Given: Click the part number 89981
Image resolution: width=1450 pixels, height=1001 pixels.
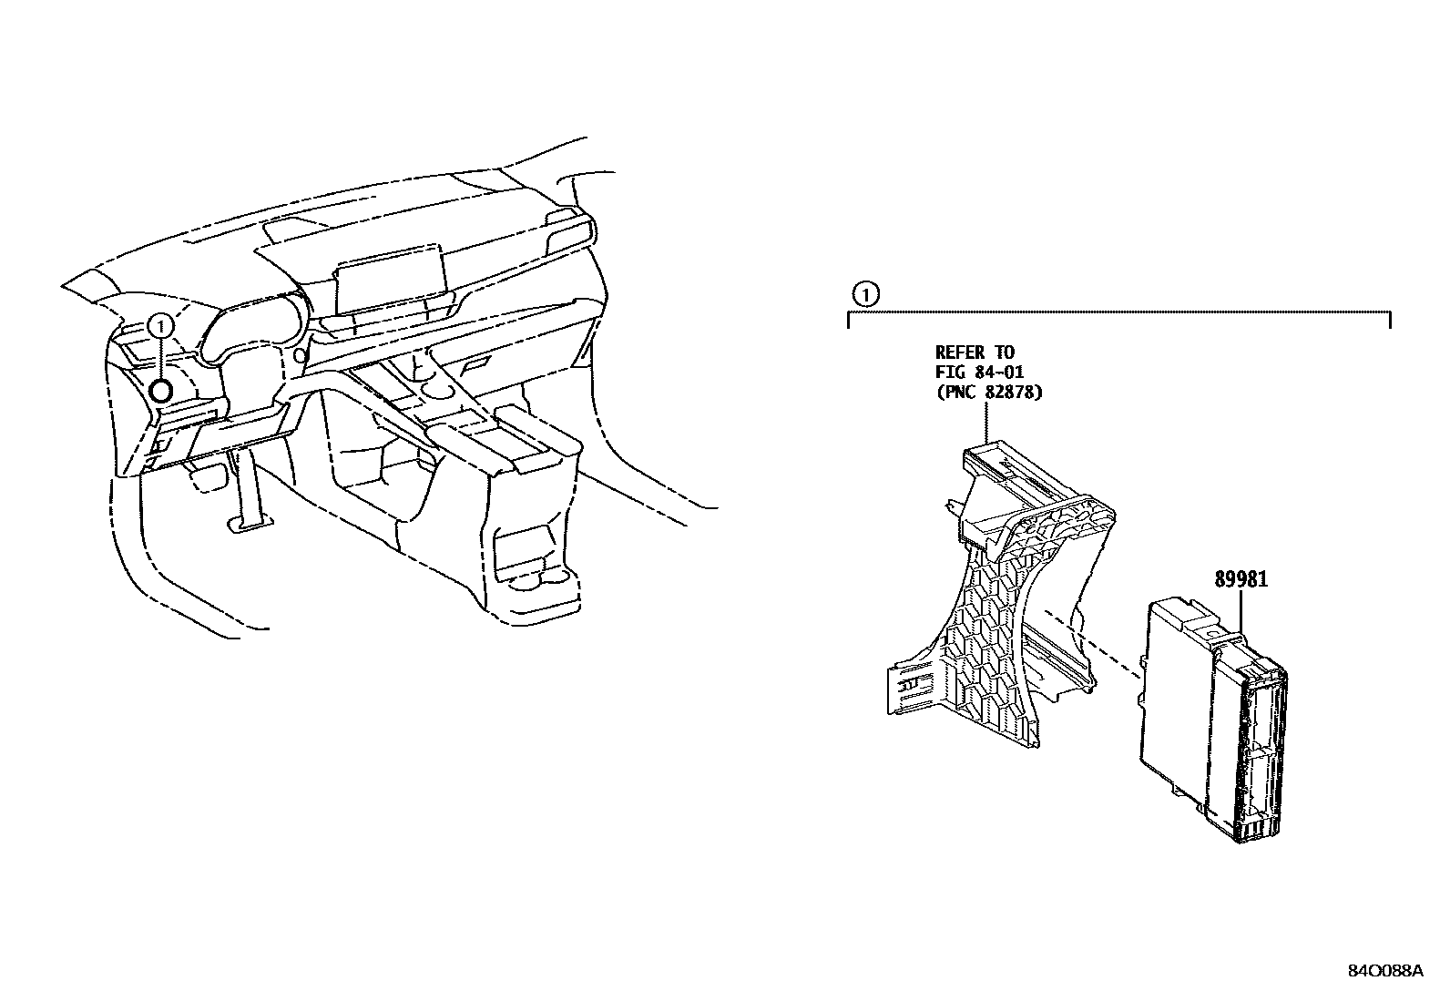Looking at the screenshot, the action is point(1240,579).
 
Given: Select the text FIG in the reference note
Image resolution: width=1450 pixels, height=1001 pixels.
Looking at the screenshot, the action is point(951,373).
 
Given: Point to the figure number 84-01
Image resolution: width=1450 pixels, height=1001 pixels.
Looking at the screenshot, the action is point(999,373).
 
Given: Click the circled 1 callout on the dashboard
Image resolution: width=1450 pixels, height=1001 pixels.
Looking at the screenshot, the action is point(160,324).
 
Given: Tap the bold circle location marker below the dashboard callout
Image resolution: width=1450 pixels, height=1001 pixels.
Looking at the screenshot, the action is point(160,392).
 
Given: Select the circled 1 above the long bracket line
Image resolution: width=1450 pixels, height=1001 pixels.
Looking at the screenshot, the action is point(865,294).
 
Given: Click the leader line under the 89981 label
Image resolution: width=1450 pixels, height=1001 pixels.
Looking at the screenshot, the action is point(1241,612).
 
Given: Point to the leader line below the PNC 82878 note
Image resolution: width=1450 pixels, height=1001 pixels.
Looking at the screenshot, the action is point(988,424).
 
